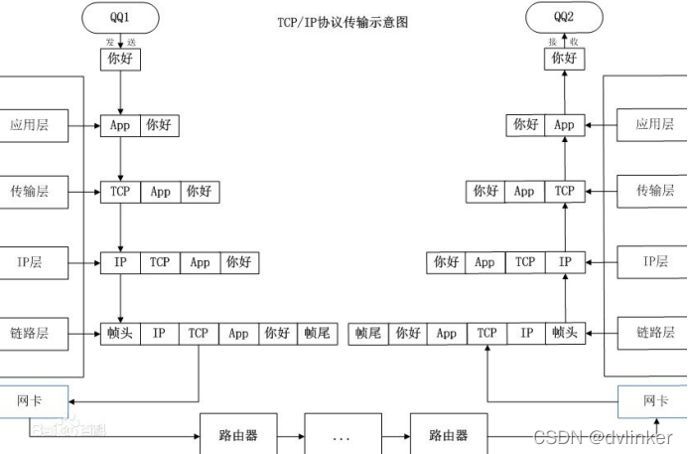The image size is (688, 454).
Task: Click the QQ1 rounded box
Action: coord(119,18)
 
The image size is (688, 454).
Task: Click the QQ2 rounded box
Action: coord(564,18)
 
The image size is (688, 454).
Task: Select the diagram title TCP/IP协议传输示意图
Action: coord(342,22)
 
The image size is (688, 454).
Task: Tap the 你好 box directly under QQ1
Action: coord(119,60)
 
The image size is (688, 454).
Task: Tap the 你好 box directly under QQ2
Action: coord(564,60)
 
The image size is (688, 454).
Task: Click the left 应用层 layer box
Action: coord(30,126)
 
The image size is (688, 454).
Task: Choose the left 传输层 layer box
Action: coord(30,192)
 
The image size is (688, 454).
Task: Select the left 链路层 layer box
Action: coord(30,334)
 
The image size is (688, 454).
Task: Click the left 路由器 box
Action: coord(238,435)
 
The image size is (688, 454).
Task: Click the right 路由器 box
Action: coord(448,435)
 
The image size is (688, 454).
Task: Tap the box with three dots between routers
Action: coord(343,435)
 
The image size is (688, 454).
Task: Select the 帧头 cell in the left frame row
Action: coord(119,334)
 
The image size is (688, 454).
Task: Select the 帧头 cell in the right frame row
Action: coord(564,334)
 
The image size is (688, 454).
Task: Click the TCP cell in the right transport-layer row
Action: coord(564,191)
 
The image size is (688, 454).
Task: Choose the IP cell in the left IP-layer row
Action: coord(119,262)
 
